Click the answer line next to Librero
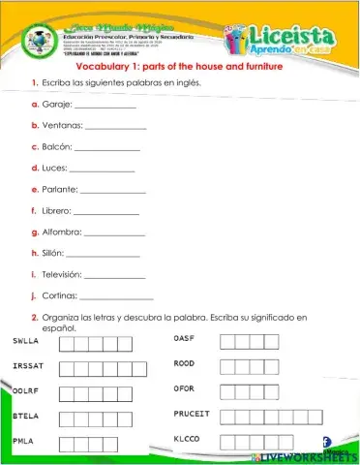click(x=106, y=212)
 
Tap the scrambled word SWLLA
click(x=26, y=341)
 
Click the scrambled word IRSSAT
click(x=29, y=366)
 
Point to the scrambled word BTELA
click(x=26, y=416)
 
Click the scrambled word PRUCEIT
click(x=192, y=414)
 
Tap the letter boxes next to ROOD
click(x=250, y=366)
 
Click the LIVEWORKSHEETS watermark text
click(x=303, y=455)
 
